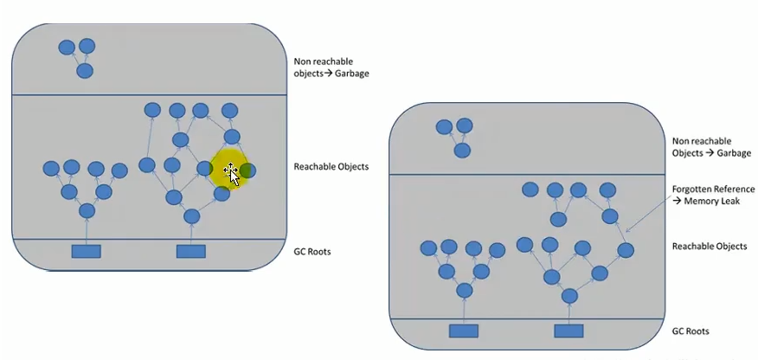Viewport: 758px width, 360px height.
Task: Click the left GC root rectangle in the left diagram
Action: pyautogui.click(x=86, y=251)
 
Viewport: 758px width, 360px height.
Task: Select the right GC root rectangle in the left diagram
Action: pyautogui.click(x=190, y=251)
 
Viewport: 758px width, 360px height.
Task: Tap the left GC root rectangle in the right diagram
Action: pyautogui.click(x=464, y=331)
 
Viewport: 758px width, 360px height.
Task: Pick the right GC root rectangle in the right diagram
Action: pyautogui.click(x=568, y=331)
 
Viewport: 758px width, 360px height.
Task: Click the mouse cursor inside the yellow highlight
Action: pyautogui.click(x=231, y=172)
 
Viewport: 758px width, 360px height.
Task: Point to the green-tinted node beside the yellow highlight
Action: pyautogui.click(x=248, y=170)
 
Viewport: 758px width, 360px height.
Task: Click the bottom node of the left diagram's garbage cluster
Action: pyautogui.click(x=85, y=71)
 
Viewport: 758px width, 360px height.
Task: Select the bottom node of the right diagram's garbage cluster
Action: pyautogui.click(x=463, y=151)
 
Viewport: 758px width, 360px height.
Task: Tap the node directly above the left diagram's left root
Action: pyautogui.click(x=87, y=211)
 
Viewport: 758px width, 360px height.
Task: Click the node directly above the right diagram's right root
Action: pyautogui.click(x=569, y=296)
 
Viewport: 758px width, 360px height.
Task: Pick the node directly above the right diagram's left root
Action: pyautogui.click(x=465, y=291)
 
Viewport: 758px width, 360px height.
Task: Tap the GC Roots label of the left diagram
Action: pyautogui.click(x=313, y=252)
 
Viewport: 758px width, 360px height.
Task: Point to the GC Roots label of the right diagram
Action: pyautogui.click(x=691, y=331)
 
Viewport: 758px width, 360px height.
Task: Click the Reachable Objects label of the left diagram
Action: pyautogui.click(x=331, y=166)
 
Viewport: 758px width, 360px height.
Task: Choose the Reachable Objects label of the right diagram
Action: pyautogui.click(x=710, y=247)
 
